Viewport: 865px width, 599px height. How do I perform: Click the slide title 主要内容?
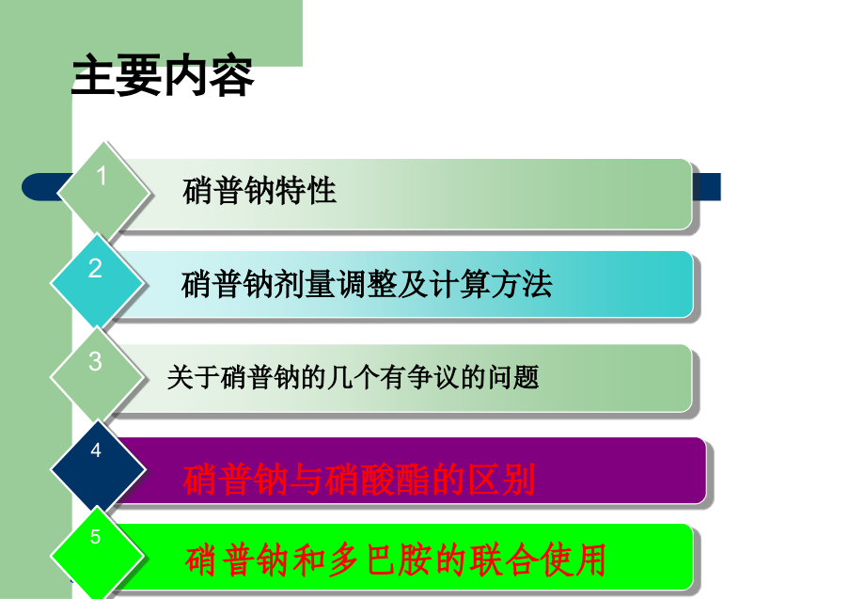(x=163, y=78)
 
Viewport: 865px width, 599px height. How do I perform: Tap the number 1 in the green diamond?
(x=102, y=177)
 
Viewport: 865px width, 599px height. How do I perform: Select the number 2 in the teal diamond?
(x=95, y=269)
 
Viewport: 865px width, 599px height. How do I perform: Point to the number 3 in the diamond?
(x=95, y=361)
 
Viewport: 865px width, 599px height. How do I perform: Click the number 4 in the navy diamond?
(x=96, y=451)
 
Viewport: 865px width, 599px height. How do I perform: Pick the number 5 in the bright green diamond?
(x=95, y=537)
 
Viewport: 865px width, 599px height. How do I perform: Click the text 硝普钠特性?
(x=259, y=192)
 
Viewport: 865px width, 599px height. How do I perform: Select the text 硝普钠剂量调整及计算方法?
(x=367, y=284)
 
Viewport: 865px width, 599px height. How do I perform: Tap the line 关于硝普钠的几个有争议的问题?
(x=353, y=378)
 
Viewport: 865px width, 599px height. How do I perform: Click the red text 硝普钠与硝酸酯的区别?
(x=359, y=481)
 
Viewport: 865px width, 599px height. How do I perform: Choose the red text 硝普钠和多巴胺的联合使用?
(x=395, y=561)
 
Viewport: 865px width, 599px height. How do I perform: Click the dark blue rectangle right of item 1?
(x=707, y=186)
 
